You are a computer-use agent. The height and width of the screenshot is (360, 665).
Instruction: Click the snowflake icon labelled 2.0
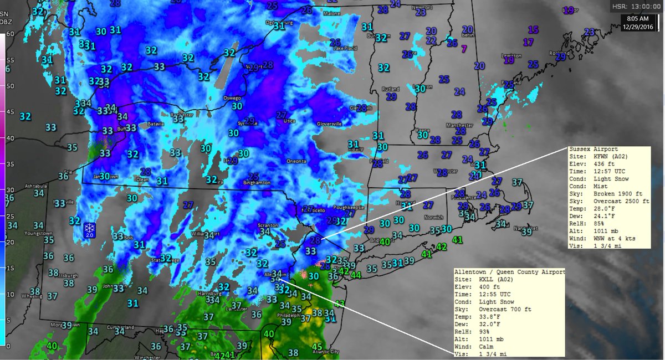click(x=89, y=229)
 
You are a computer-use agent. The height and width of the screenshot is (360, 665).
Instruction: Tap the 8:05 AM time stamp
click(x=639, y=18)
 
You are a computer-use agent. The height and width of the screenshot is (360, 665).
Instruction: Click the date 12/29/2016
click(x=638, y=25)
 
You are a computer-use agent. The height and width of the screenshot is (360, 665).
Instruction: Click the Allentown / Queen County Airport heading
click(x=509, y=272)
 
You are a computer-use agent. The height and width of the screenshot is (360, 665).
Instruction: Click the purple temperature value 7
click(x=464, y=49)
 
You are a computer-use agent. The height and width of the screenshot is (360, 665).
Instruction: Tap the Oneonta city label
click(x=296, y=162)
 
